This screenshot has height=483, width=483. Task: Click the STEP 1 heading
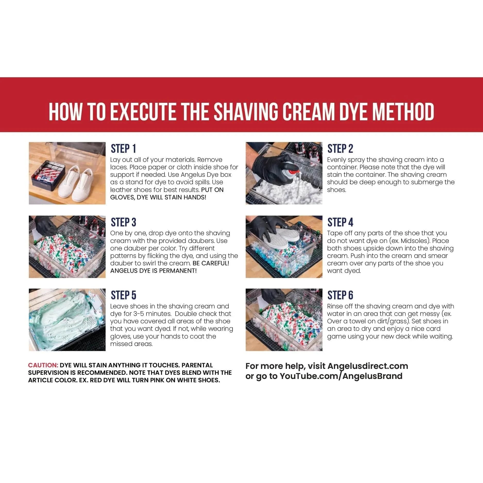pos(123,149)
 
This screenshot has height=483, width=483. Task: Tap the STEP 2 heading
pos(340,149)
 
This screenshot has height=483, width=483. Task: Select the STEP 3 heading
pos(123,222)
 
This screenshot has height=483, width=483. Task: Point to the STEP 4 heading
pos(340,222)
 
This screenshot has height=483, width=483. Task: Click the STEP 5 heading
pos(123,295)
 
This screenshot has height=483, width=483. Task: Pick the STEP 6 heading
pos(340,295)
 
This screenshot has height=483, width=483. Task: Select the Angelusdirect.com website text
pos(368,366)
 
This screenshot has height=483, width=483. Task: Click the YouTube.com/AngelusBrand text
pos(341,376)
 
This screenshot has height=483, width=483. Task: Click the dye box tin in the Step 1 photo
pos(49,175)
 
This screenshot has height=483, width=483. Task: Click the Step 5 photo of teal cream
pos(67,320)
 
